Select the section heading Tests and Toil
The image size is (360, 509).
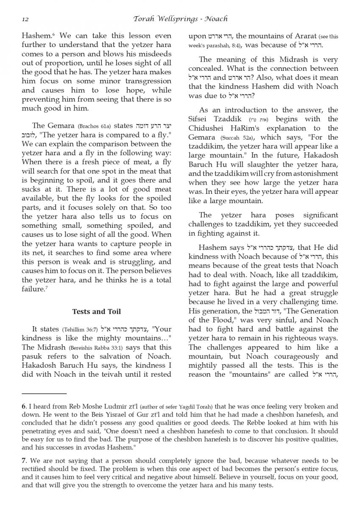97,311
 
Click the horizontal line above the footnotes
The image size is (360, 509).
44,394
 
